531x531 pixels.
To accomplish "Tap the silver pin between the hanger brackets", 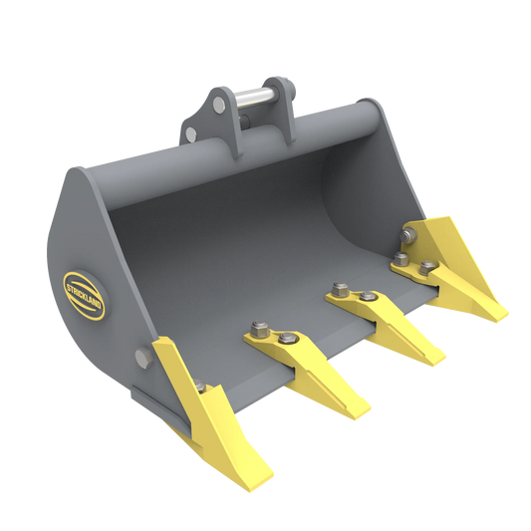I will click(257, 99).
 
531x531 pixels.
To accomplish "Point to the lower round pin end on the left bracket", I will click(190, 133).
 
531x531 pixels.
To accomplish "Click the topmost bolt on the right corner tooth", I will click(408, 235).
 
